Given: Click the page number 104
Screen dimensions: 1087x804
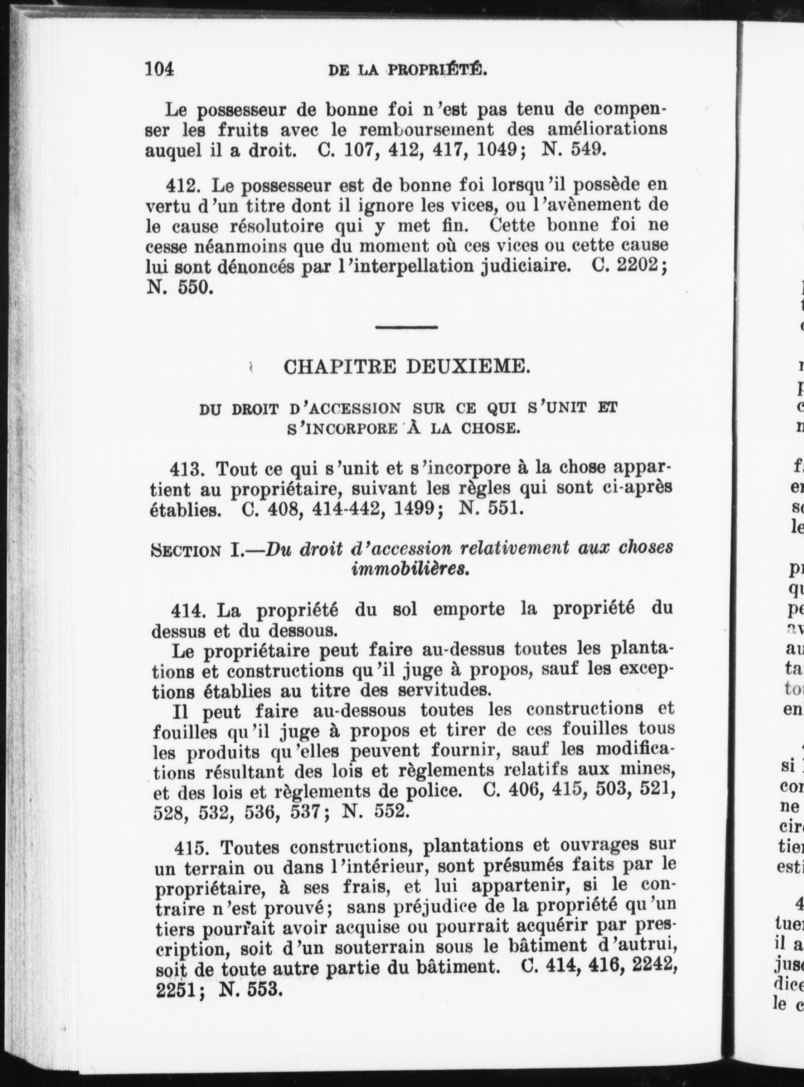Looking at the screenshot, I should click(159, 69).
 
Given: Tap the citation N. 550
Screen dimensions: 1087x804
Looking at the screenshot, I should click(177, 287).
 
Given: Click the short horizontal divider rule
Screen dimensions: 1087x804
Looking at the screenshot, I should click(406, 327).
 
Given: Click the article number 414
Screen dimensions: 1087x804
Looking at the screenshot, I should click(188, 610).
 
